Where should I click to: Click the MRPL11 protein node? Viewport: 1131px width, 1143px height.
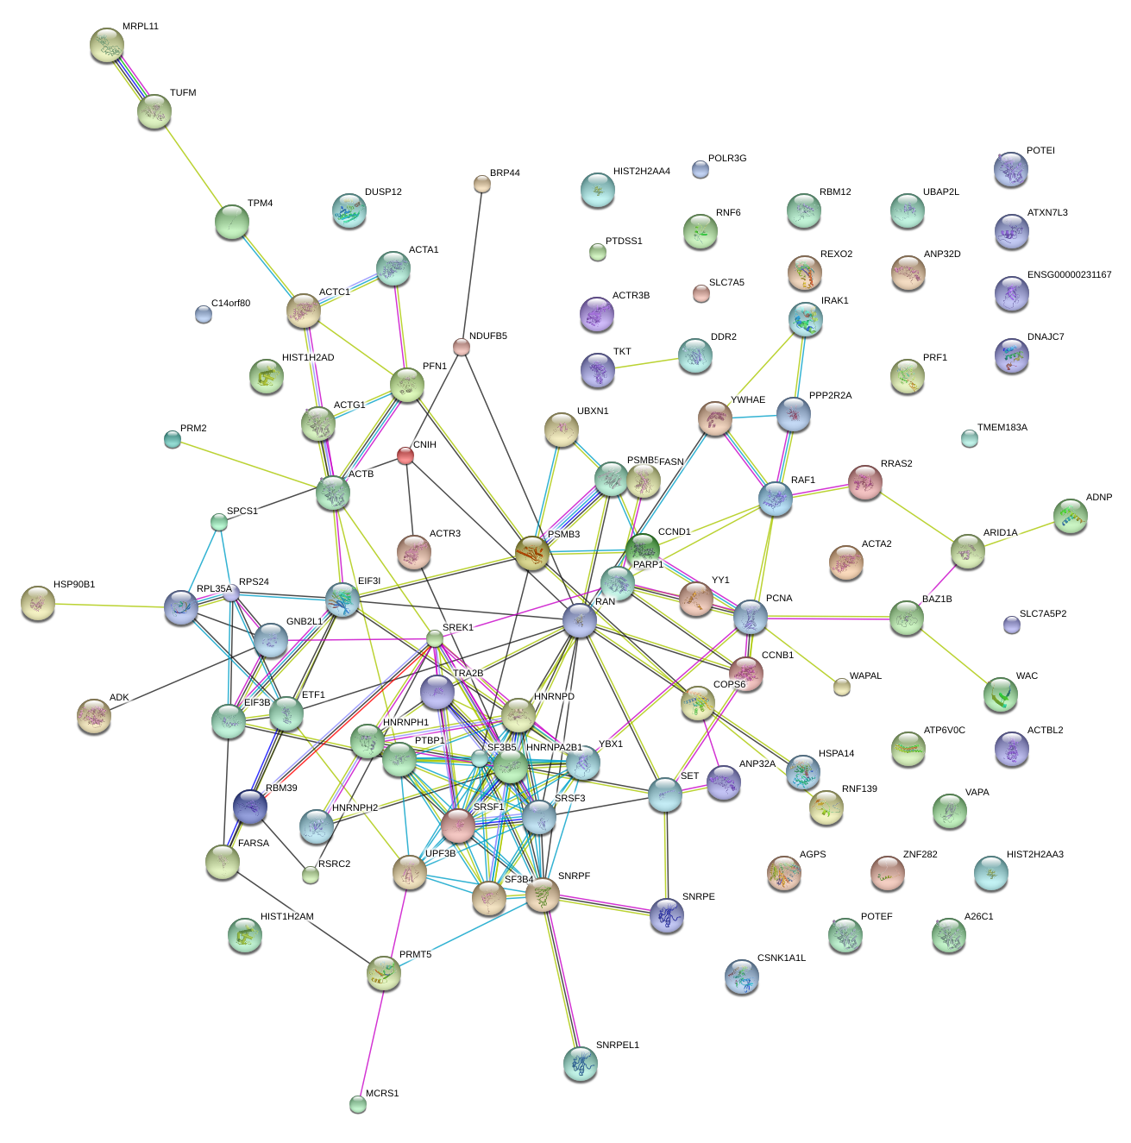click(106, 45)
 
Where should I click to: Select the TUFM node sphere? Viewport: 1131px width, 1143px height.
click(154, 110)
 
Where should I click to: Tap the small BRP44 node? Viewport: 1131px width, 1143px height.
click(482, 183)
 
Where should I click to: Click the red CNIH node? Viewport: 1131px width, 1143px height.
click(405, 455)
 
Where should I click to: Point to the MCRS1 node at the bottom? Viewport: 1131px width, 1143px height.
click(358, 1103)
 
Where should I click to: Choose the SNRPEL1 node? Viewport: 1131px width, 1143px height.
click(580, 1063)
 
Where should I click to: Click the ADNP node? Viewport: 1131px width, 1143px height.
click(1070, 516)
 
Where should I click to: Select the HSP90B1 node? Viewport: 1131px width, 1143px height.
click(38, 603)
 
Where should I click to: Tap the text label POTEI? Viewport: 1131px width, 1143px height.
click(1040, 151)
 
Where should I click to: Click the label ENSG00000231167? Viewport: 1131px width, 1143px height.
click(1069, 275)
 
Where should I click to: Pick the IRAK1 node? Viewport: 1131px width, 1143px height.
click(806, 319)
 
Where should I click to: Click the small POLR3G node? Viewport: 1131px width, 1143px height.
click(701, 169)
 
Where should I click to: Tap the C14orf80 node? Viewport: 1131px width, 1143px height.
click(204, 314)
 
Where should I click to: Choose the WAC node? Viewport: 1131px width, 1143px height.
click(1001, 694)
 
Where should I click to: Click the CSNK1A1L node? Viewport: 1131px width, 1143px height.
click(742, 977)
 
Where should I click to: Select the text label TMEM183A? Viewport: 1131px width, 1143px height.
click(1002, 428)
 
